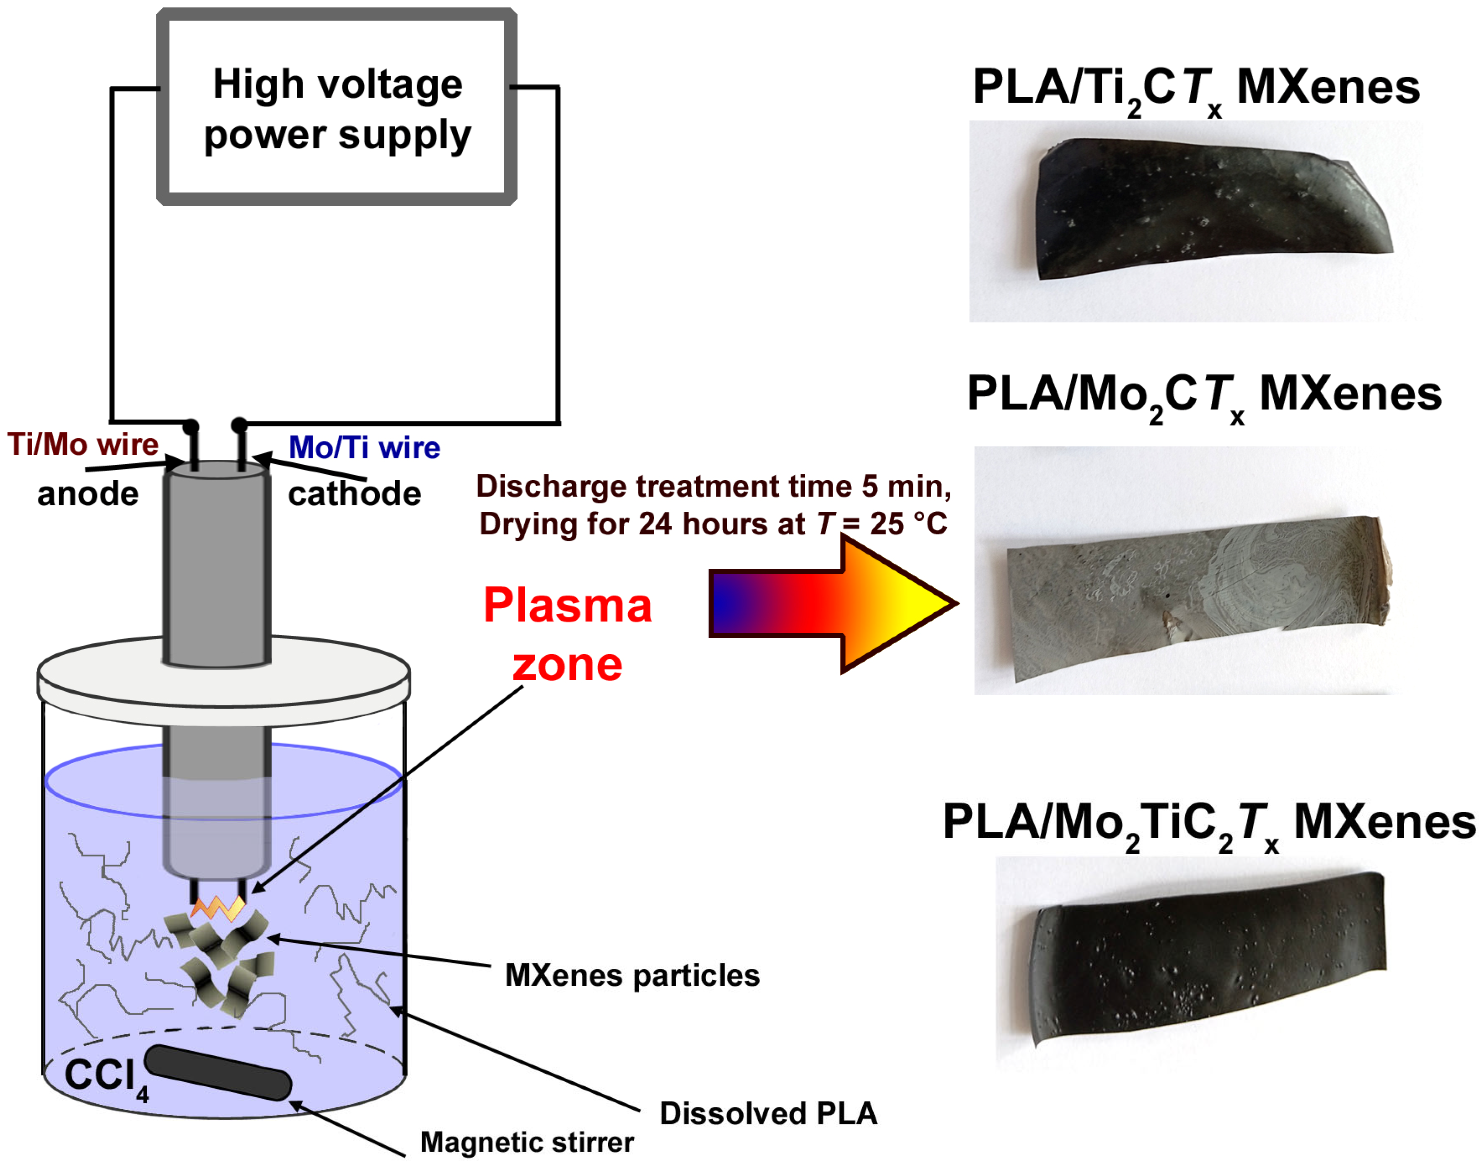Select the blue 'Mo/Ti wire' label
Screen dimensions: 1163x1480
(364, 447)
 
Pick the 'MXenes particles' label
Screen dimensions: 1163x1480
(632, 975)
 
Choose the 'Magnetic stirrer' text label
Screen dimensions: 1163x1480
(526, 1142)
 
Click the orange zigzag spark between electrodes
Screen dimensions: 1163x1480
(218, 908)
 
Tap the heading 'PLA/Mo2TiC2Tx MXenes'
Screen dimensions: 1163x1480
(1209, 823)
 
